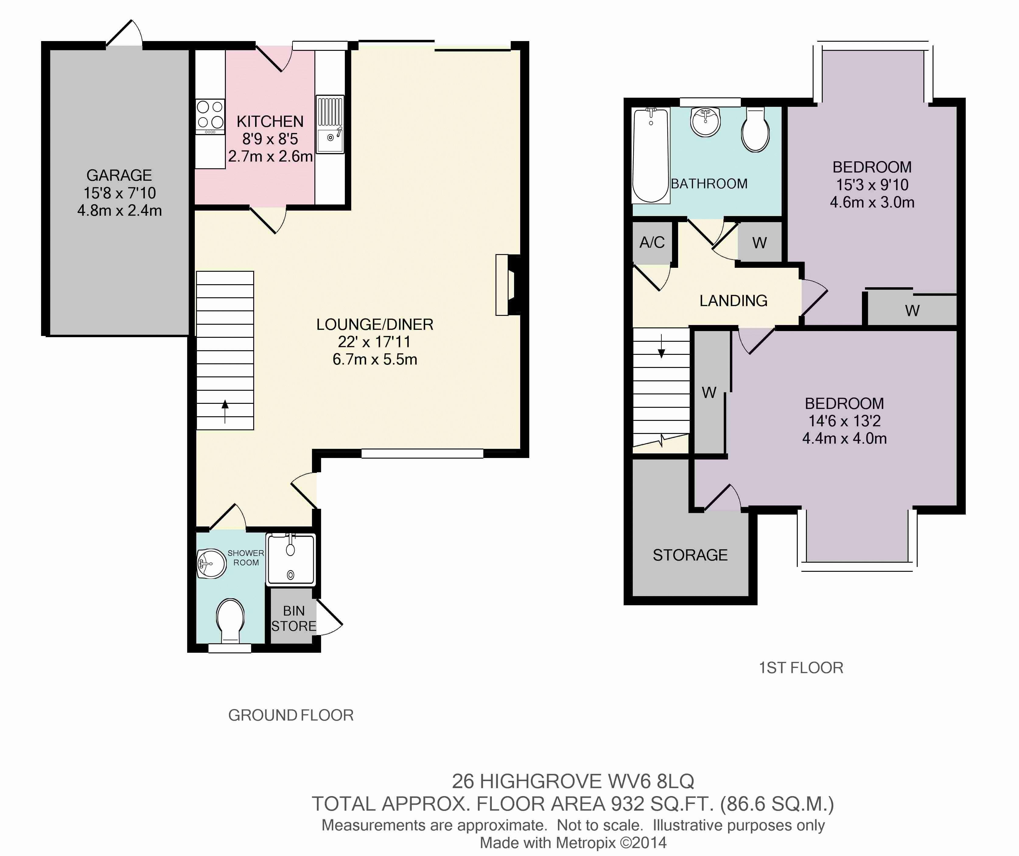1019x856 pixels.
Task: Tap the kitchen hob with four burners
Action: pyautogui.click(x=210, y=117)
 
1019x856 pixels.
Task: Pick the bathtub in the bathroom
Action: pyautogui.click(x=651, y=155)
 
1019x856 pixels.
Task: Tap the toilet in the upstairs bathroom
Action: pyautogui.click(x=755, y=130)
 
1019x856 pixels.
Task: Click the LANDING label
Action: pyautogui.click(x=733, y=301)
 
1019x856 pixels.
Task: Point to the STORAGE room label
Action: pyautogui.click(x=690, y=555)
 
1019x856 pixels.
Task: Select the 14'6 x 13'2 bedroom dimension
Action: pyautogui.click(x=844, y=421)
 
